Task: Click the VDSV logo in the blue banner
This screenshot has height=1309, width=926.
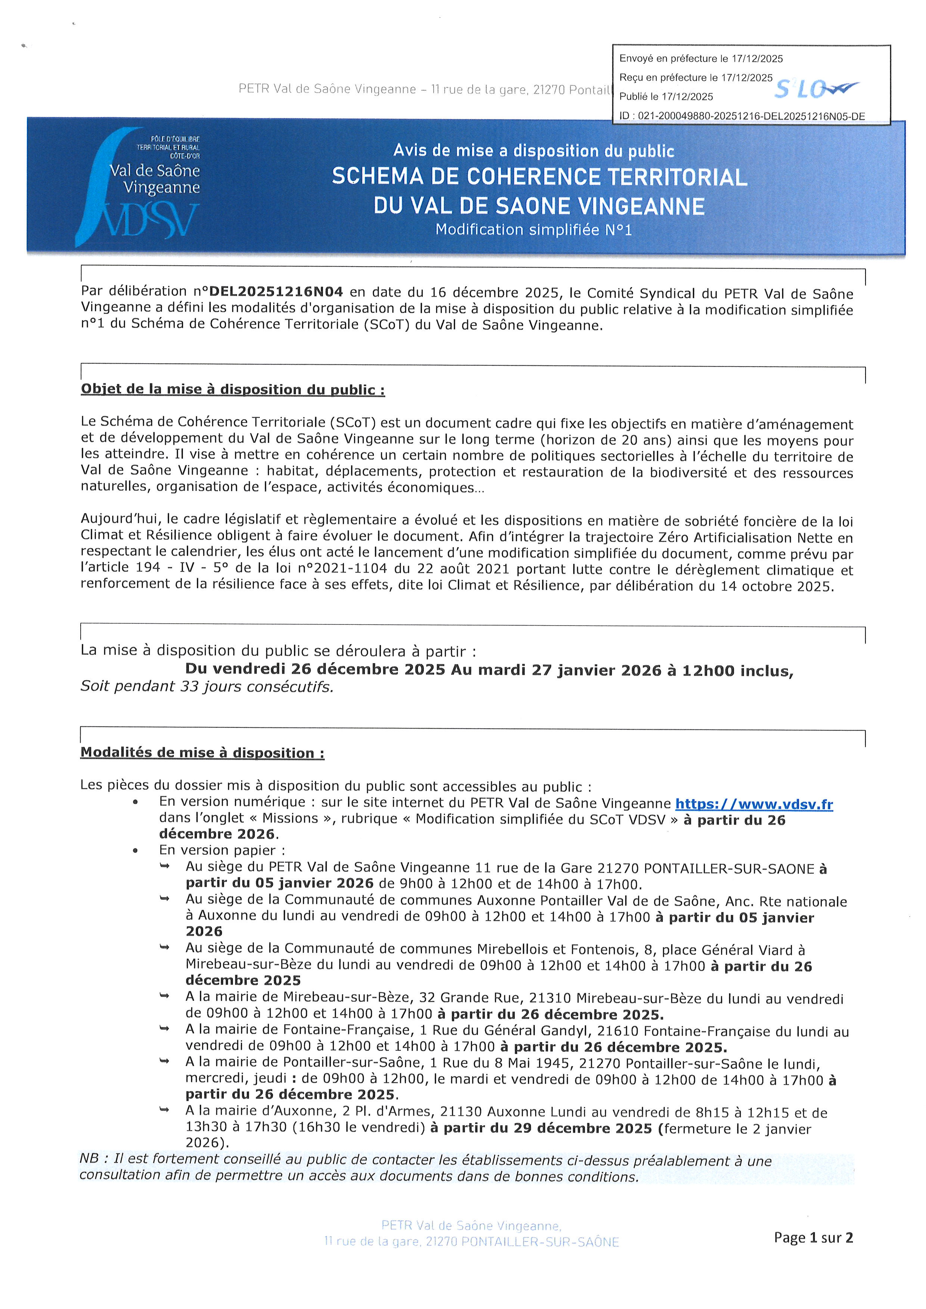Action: click(138, 188)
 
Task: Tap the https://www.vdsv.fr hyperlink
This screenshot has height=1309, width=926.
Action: click(754, 804)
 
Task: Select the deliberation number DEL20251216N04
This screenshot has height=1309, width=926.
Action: click(277, 292)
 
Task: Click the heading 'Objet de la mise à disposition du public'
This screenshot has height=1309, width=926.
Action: click(233, 389)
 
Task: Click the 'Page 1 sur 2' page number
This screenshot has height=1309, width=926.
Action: click(813, 1237)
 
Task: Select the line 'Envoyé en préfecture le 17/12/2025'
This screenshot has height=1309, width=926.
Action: click(701, 59)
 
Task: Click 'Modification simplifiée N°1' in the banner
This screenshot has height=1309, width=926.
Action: click(534, 230)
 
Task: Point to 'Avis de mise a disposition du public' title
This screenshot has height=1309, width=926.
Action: click(534, 151)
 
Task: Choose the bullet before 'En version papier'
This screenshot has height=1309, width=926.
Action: click(135, 851)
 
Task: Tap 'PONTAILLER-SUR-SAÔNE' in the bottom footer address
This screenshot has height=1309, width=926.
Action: click(540, 1242)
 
